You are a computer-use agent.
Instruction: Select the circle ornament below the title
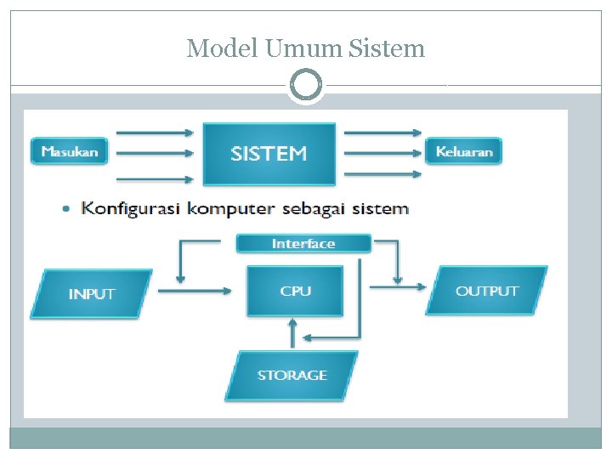tap(306, 86)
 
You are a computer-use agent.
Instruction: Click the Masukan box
tap(70, 152)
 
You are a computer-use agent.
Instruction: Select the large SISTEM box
tap(269, 154)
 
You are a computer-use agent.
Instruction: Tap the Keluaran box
tap(464, 152)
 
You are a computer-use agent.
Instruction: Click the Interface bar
tap(303, 244)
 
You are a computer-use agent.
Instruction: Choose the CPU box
tap(295, 291)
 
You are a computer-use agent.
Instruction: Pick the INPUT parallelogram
tap(91, 294)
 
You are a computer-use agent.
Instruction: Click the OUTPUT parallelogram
tap(487, 291)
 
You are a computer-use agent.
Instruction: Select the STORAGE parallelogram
tap(292, 375)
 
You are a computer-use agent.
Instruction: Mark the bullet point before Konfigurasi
tap(68, 209)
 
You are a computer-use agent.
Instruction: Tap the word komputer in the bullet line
tap(233, 208)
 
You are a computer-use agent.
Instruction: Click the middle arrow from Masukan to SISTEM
tap(154, 155)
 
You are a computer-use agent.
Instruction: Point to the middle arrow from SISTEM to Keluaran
tap(382, 154)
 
